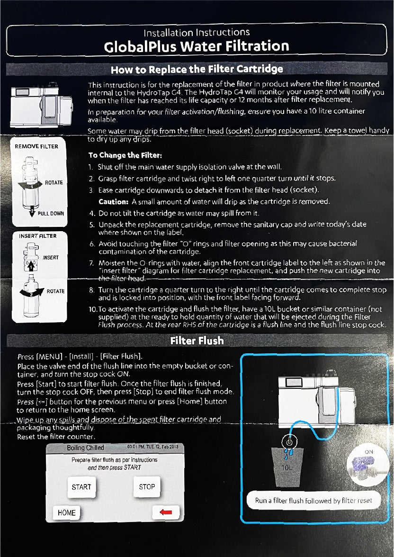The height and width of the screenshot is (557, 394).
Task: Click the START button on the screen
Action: (81, 487)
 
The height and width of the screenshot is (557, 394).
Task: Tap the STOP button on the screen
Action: (147, 487)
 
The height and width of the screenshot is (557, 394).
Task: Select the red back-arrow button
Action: (165, 512)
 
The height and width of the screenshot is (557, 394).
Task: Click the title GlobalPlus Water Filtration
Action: (197, 46)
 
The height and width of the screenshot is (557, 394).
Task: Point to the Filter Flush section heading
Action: (197, 341)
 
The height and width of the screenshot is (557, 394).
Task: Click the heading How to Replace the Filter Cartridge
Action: (197, 69)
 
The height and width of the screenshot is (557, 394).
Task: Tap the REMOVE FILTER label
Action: (36, 146)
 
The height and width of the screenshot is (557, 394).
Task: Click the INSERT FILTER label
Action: (37, 236)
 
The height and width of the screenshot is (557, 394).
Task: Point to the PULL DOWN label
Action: (51, 214)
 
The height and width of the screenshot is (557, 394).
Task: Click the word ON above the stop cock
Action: (368, 452)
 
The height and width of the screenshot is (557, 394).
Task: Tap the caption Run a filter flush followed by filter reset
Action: (313, 500)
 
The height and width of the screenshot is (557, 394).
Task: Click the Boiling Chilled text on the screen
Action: (85, 448)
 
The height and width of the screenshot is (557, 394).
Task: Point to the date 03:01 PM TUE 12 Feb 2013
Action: (152, 447)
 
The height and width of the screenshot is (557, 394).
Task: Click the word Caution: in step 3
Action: (114, 201)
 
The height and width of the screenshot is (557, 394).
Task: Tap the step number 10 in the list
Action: (93, 309)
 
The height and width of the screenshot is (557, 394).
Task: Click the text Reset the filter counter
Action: (56, 436)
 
